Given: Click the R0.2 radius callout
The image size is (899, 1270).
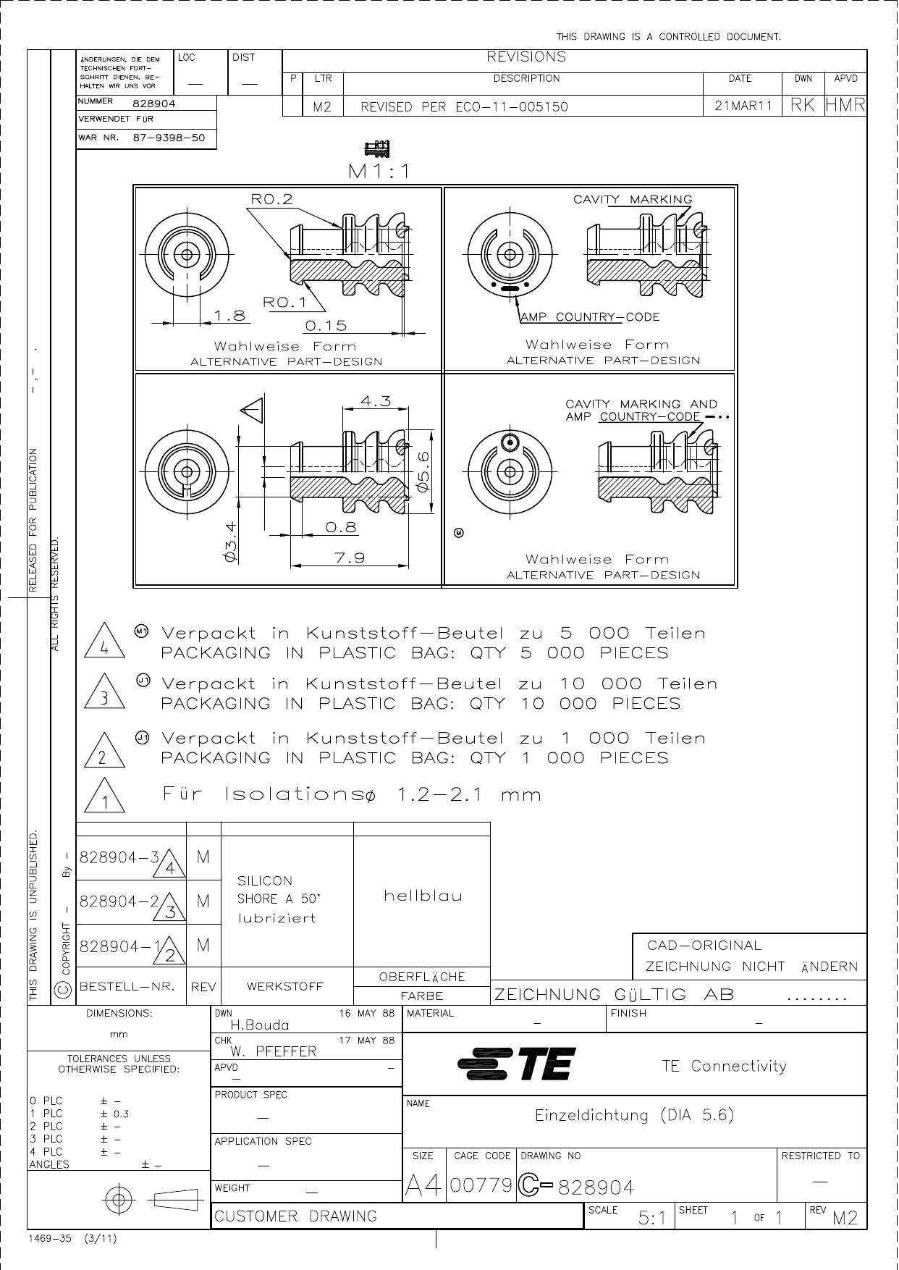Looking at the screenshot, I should click(x=272, y=199).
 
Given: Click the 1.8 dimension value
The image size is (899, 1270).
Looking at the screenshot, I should click(x=230, y=315).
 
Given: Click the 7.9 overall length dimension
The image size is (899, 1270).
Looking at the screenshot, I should click(x=350, y=558).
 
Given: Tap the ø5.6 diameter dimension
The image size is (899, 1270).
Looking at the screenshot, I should click(x=423, y=471).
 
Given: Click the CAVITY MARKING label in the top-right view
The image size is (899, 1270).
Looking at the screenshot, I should click(x=633, y=200).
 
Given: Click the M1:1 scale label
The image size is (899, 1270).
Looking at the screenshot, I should click(x=379, y=172).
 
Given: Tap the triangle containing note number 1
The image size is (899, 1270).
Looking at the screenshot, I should click(x=104, y=797).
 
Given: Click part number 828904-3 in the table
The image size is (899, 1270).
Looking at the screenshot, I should click(x=119, y=857).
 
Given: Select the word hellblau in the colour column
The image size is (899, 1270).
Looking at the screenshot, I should click(x=423, y=896).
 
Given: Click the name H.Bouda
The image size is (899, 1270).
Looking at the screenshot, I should click(x=259, y=1025).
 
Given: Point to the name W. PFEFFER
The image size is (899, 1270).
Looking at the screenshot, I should click(x=274, y=1051).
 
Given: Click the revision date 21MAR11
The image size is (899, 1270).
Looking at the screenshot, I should click(x=743, y=106).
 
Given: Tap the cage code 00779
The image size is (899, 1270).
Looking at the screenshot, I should click(x=481, y=1185).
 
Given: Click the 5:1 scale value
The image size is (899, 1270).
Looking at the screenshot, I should click(x=652, y=1219).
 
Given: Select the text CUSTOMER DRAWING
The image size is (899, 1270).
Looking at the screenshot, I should click(x=296, y=1216).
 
